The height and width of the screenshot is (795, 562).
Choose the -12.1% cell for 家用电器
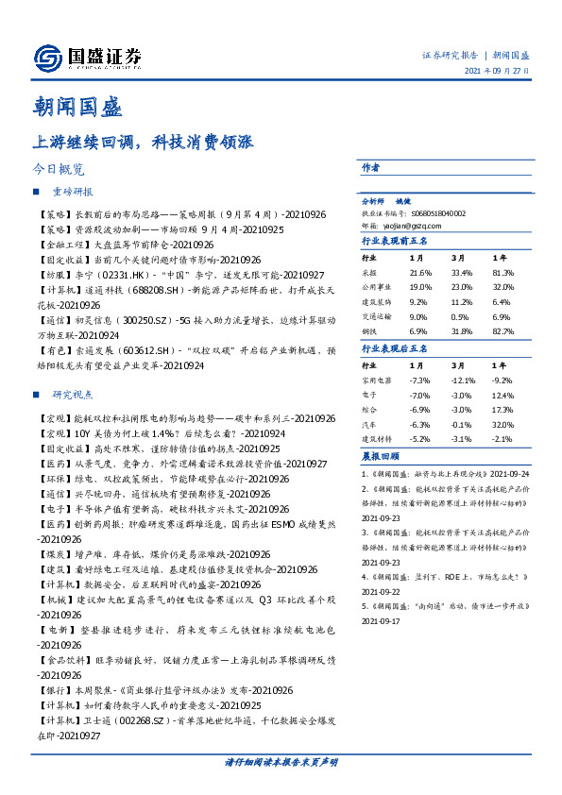click(x=461, y=379)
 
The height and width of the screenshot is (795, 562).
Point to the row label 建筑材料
click(x=378, y=439)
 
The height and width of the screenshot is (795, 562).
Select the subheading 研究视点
click(x=72, y=394)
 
